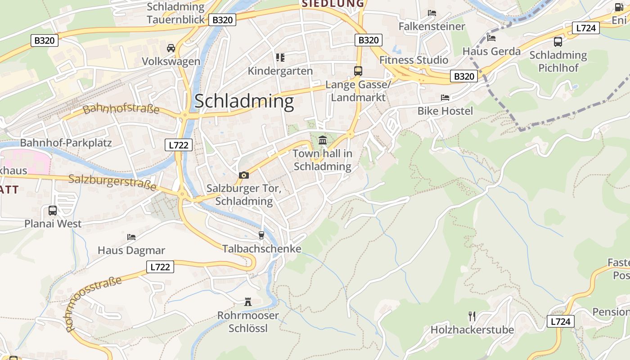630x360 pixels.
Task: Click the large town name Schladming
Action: click(x=244, y=101)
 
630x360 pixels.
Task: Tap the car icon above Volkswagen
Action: click(x=171, y=48)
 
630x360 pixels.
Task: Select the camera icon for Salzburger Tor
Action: click(x=243, y=175)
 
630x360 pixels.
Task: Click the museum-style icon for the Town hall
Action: click(x=323, y=140)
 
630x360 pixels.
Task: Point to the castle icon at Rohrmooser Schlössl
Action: click(x=248, y=301)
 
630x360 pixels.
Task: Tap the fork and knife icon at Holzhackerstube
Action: click(x=472, y=316)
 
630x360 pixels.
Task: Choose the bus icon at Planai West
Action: click(x=53, y=210)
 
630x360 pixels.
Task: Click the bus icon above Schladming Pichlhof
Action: click(x=558, y=42)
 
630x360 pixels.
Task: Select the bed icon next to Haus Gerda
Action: click(x=491, y=38)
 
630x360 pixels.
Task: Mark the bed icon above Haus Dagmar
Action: click(x=131, y=237)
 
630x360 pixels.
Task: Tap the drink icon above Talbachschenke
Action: click(x=261, y=235)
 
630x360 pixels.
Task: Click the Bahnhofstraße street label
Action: click(x=121, y=108)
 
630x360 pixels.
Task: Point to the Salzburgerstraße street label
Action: click(x=112, y=182)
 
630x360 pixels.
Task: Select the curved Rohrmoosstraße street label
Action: click(x=94, y=304)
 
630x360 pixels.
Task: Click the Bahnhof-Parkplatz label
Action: click(x=66, y=143)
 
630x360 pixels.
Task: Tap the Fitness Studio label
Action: click(x=414, y=60)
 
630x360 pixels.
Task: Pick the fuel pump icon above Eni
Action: click(x=619, y=7)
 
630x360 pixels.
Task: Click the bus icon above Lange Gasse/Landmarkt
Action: click(x=358, y=71)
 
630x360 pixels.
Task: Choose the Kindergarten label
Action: click(x=280, y=71)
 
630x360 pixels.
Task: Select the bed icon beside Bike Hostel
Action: click(x=445, y=98)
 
